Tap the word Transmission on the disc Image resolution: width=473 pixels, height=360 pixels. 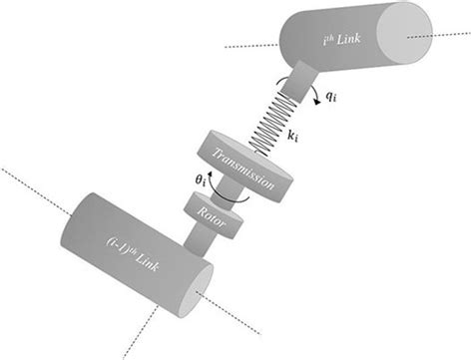click(244, 164)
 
